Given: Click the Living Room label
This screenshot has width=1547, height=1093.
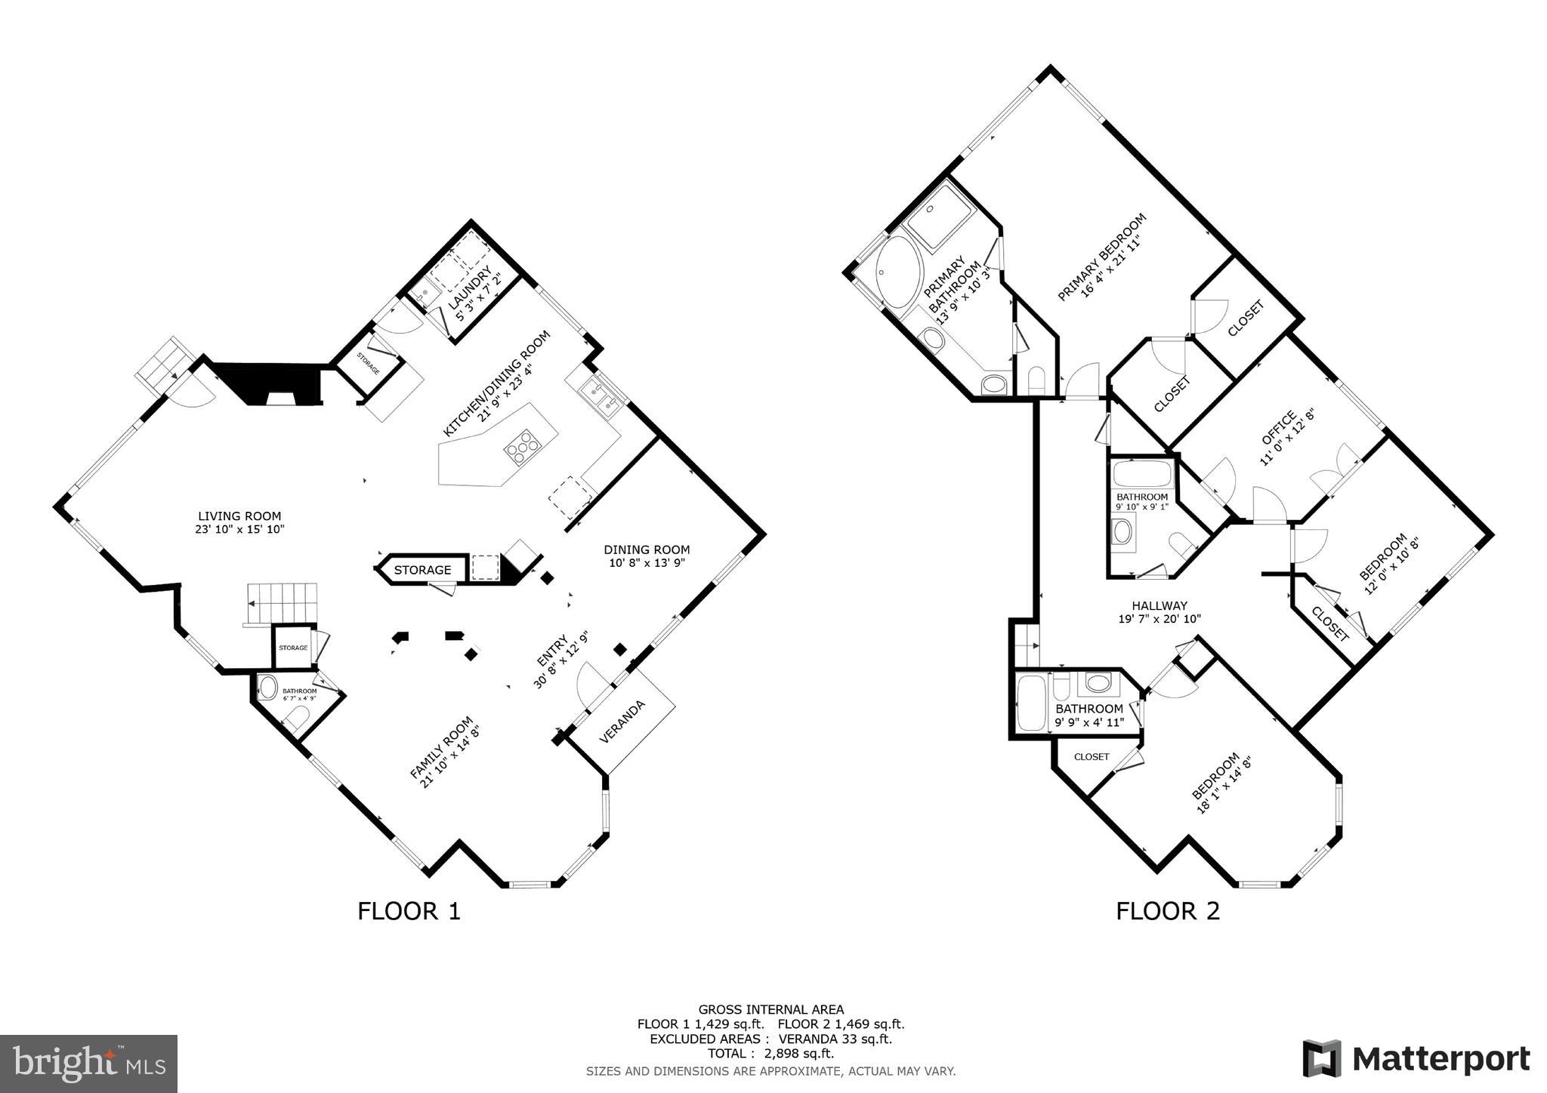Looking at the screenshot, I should click(x=239, y=516).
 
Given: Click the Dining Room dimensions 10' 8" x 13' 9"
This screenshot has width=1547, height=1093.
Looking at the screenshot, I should click(x=647, y=563).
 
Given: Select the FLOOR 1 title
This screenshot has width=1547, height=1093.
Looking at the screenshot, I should click(x=409, y=911).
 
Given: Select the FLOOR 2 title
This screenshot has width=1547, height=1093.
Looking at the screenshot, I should click(x=1168, y=911).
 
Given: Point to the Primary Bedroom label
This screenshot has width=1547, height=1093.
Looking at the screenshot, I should click(x=1101, y=257).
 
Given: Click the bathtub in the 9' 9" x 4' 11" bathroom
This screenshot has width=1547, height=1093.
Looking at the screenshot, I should click(x=1030, y=704).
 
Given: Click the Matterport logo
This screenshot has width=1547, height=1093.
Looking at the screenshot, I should click(x=1416, y=1058).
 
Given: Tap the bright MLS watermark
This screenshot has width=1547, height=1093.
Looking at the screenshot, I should click(x=88, y=1064).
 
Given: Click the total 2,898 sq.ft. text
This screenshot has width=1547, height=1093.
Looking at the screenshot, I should click(x=770, y=1053).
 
